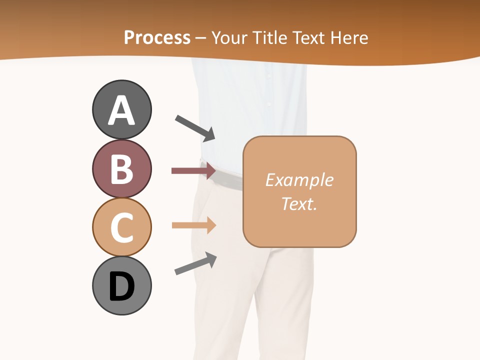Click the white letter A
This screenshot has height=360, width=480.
[x=121, y=111]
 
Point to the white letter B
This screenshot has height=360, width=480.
[x=121, y=169]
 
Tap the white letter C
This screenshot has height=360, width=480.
[x=121, y=227]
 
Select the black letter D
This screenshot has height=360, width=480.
[x=121, y=286]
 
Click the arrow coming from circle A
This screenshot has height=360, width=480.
[x=195, y=127]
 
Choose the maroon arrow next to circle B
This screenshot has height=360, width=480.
[x=193, y=171]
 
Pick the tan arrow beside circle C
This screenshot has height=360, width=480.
[x=193, y=225]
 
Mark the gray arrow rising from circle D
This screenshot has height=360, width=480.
[x=195, y=263]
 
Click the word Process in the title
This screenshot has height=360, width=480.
[x=157, y=37]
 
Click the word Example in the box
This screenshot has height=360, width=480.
[x=299, y=180]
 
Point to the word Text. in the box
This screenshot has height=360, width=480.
[x=299, y=203]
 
